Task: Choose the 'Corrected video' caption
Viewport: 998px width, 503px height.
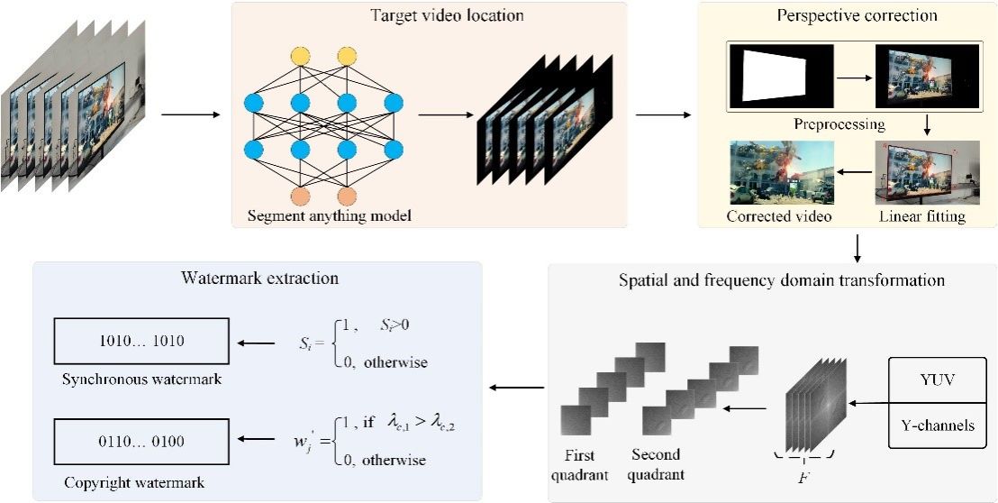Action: (x=779, y=217)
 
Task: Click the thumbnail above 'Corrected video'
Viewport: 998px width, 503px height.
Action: (x=781, y=172)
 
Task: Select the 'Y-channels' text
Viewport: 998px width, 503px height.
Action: (x=937, y=425)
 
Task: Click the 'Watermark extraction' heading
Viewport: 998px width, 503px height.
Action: (x=259, y=279)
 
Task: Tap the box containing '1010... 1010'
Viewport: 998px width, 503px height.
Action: (x=141, y=342)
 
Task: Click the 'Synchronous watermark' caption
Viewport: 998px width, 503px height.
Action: (x=141, y=380)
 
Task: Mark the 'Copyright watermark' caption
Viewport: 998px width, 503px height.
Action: (x=135, y=482)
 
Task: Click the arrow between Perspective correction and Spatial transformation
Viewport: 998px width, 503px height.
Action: (x=857, y=245)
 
